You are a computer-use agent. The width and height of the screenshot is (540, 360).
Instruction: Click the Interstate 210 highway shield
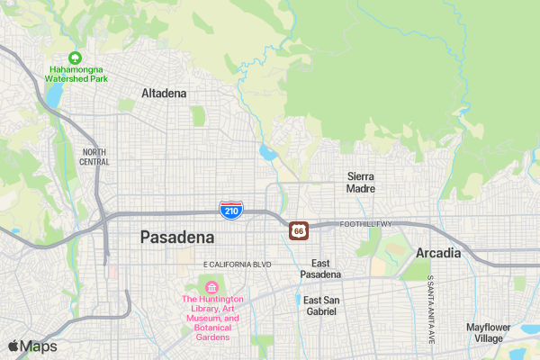[x=230, y=211]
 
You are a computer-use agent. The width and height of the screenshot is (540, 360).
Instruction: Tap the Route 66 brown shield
[x=298, y=231]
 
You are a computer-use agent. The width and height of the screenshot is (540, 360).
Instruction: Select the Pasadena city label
[x=177, y=238]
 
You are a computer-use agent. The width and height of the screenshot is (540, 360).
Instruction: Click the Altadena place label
[x=164, y=93]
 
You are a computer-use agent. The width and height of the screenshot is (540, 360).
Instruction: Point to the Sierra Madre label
[x=360, y=183]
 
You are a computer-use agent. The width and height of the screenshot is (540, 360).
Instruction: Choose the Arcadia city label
[x=438, y=253]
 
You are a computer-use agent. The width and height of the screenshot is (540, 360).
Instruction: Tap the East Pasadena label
[x=320, y=269]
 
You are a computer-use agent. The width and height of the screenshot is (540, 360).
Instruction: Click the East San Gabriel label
[x=319, y=305]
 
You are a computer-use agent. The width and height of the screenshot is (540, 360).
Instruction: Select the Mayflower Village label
[x=489, y=332]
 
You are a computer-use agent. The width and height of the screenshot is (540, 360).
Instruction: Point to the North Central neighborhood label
[x=94, y=157]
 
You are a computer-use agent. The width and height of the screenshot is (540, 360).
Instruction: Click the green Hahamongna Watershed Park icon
[x=76, y=57]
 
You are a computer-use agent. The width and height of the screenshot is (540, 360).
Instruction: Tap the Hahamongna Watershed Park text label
[x=76, y=74]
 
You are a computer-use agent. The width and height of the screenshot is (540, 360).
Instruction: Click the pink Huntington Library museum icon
[x=212, y=286]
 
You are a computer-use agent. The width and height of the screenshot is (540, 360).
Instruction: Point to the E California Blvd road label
[x=238, y=265]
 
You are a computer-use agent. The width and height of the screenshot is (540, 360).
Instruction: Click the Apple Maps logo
[x=32, y=346]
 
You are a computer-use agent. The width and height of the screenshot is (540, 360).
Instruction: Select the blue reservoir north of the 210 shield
[x=267, y=151]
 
